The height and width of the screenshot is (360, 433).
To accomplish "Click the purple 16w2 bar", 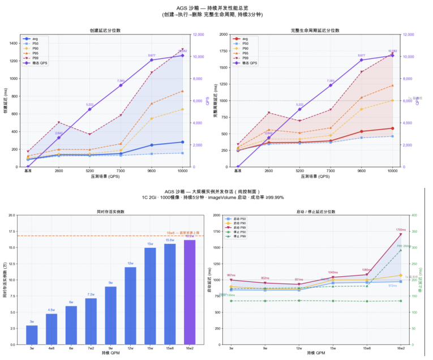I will click(190, 292).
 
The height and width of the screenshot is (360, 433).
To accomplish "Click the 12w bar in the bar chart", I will click(130, 306).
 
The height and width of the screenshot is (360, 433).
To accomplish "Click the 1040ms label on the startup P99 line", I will click(333, 272).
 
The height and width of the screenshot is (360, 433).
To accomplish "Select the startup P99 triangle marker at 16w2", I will click(401, 234).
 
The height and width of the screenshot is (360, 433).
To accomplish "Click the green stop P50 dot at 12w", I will click(299, 301).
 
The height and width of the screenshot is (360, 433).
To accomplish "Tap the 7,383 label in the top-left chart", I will click(121, 81).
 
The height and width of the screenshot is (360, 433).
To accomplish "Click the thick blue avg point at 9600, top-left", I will click(152, 145).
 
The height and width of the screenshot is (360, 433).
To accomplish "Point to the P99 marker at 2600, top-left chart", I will click(59, 122).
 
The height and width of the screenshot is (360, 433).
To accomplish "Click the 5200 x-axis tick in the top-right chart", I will click(299, 170).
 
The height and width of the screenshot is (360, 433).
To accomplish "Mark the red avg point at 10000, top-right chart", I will click(392, 128).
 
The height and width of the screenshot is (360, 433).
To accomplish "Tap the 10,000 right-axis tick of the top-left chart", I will click(199, 57).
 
